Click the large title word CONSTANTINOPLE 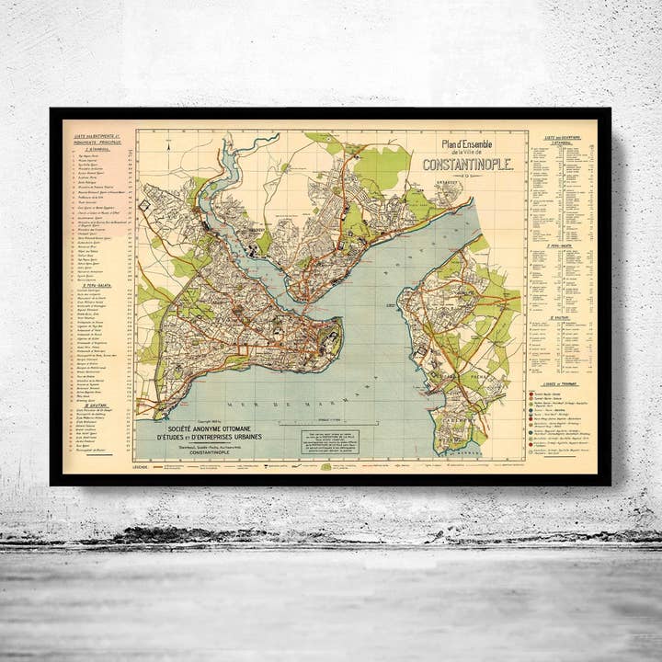[x=461, y=165]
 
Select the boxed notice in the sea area [x=330, y=441]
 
